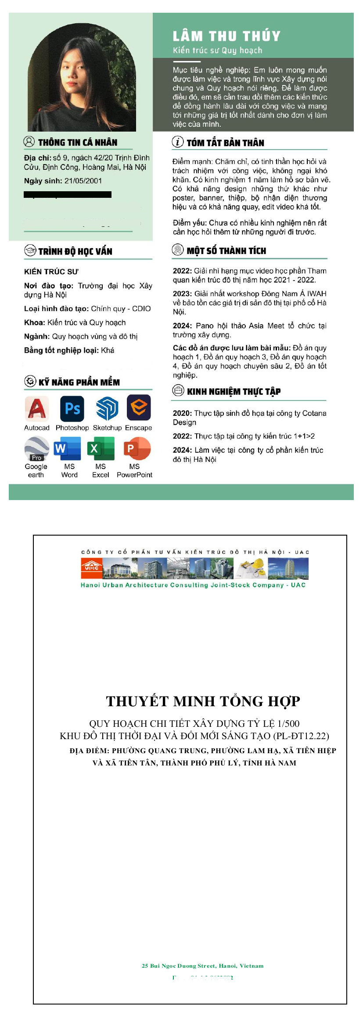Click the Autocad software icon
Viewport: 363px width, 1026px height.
36,408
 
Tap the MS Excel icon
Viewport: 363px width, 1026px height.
101,449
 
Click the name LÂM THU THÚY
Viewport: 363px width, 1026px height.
226,36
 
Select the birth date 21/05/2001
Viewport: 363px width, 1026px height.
83,181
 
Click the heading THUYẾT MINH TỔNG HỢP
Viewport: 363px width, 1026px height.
203,701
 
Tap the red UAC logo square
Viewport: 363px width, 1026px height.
92,568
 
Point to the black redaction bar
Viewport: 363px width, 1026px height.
68,194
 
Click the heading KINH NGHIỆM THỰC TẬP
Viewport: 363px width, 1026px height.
234,391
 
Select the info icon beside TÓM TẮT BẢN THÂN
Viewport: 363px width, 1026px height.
178,142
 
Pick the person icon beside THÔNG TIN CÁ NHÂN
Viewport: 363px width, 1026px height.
29,142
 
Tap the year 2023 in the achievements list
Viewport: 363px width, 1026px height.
182,293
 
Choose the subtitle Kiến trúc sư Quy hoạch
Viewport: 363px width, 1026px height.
217,50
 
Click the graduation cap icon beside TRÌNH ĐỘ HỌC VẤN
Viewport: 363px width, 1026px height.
30,250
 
